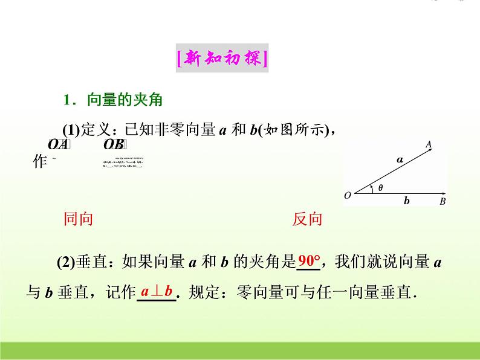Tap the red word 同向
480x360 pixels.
(x=79, y=219)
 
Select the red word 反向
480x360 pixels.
(x=308, y=219)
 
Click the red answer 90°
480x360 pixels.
(x=310, y=262)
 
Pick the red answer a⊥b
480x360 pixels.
(x=157, y=292)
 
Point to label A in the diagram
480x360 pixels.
(x=428, y=144)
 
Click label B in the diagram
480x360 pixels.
(x=443, y=201)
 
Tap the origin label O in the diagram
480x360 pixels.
(x=348, y=196)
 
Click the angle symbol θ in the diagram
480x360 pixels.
(x=380, y=187)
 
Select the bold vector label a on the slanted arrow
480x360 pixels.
(x=399, y=160)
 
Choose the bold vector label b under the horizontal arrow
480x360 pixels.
(x=406, y=201)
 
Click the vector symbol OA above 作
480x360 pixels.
(x=59, y=144)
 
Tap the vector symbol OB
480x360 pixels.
(x=114, y=144)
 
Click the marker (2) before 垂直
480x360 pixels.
(x=66, y=262)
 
